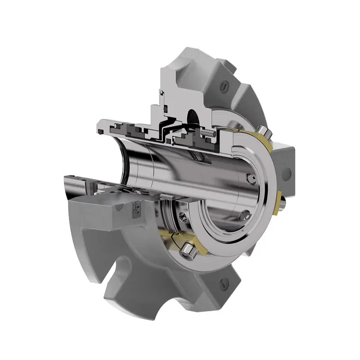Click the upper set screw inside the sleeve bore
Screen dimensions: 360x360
tap(250, 179)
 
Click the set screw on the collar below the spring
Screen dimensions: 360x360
tap(183, 217)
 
